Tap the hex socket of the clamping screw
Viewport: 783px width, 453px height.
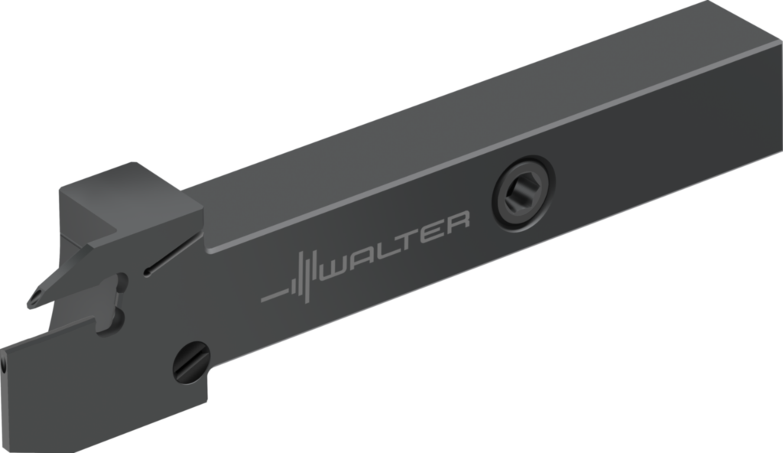[x=519, y=193]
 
